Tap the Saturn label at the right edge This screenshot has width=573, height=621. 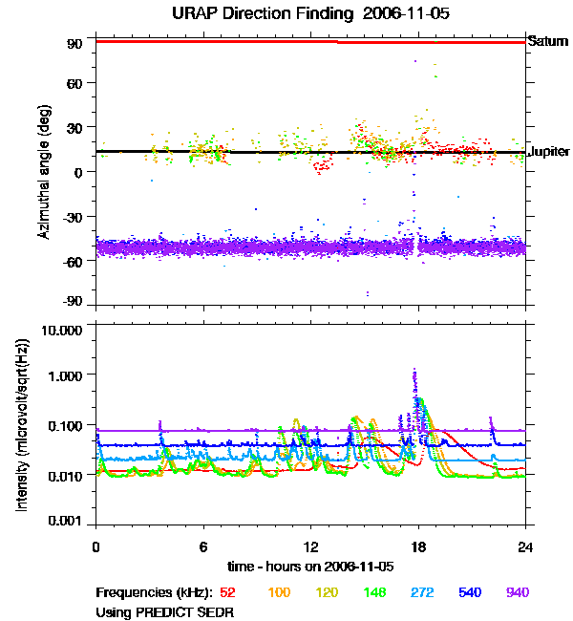[548, 41]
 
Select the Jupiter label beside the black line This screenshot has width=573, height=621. [549, 152]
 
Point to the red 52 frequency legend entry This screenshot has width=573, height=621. [227, 592]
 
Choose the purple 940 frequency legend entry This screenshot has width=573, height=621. [517, 592]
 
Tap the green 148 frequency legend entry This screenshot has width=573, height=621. [374, 592]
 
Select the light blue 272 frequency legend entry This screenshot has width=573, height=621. [422, 592]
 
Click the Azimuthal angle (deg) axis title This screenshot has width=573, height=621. [45, 172]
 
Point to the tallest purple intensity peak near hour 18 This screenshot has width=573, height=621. [414, 371]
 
